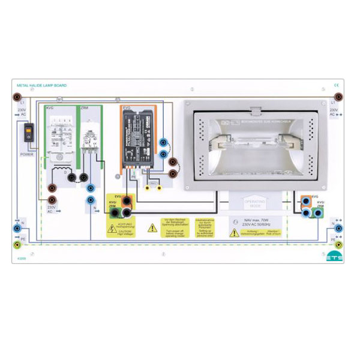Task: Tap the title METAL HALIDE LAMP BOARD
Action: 43,86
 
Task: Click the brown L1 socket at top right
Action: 338,95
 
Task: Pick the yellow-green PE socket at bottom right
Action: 338,244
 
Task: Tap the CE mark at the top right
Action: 336,86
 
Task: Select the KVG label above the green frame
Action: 50,107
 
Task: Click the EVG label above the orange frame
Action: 127,108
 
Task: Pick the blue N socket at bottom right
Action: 338,229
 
